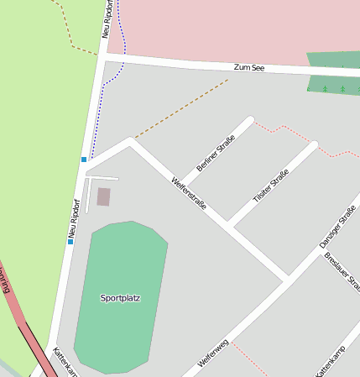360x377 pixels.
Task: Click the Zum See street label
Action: (x=249, y=66)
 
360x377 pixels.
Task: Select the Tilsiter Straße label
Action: (x=271, y=186)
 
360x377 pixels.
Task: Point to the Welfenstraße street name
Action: (x=189, y=193)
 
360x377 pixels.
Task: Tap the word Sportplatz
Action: (x=120, y=297)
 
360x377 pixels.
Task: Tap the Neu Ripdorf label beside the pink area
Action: (x=107, y=18)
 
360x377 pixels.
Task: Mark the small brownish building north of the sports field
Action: (x=103, y=196)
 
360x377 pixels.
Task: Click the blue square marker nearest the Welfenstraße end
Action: (x=84, y=159)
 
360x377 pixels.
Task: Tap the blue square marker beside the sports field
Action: (x=70, y=242)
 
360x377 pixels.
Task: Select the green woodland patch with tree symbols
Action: (x=333, y=72)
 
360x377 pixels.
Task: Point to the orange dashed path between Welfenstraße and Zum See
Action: (x=180, y=109)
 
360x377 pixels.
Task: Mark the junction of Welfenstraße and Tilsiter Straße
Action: (x=228, y=224)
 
